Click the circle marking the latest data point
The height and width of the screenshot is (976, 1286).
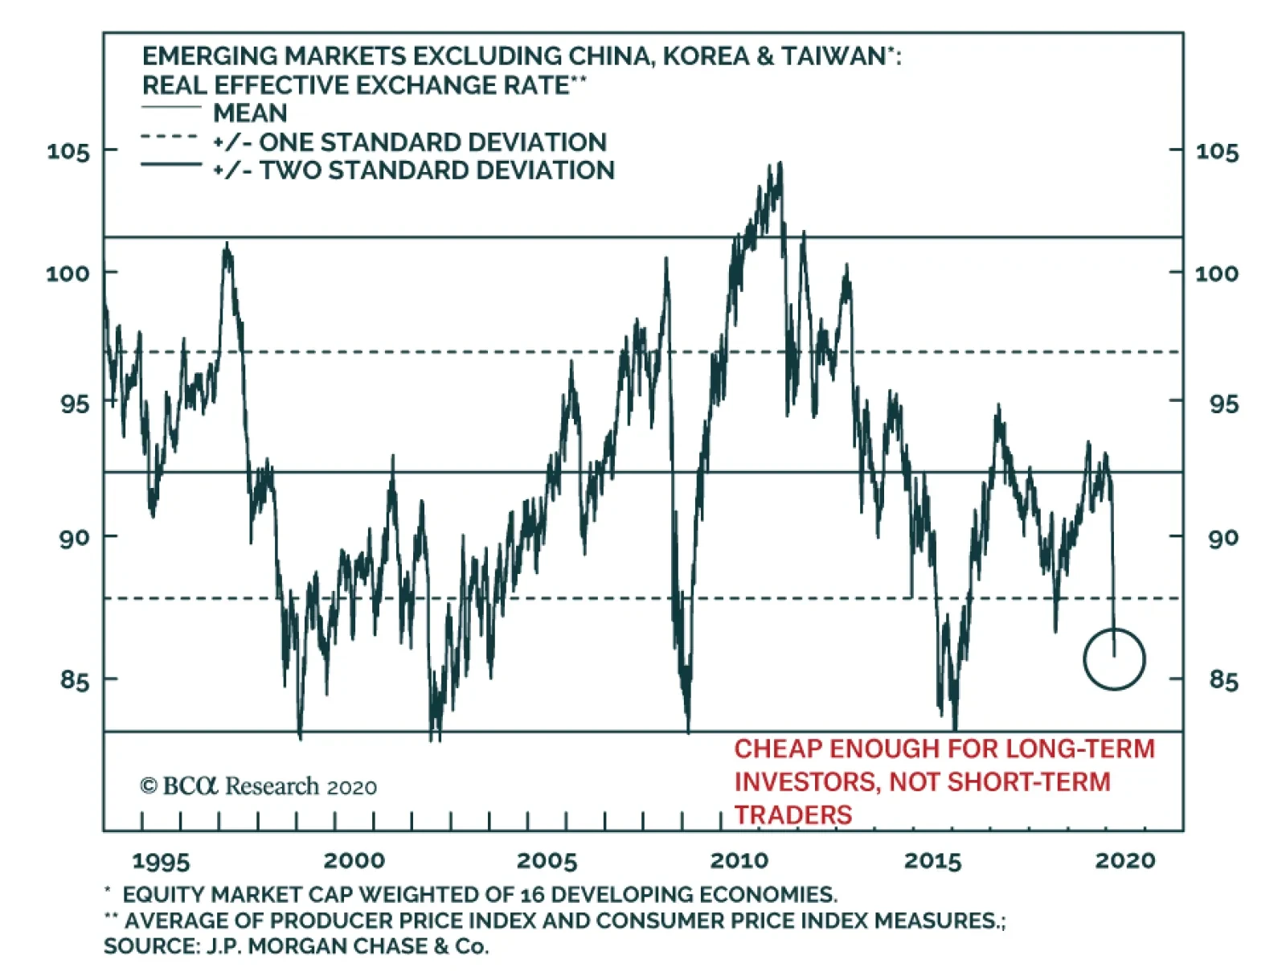[x=1114, y=659]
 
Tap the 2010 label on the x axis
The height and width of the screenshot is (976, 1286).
[x=739, y=861]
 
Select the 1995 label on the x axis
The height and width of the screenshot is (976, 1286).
[x=161, y=861]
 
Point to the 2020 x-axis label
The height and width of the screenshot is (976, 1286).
[x=1124, y=861]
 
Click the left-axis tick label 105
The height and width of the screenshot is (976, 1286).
[x=68, y=151]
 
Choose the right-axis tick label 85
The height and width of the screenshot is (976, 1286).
[x=1223, y=680]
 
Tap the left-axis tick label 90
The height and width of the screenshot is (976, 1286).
[x=74, y=538]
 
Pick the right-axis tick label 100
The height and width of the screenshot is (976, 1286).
[x=1216, y=273]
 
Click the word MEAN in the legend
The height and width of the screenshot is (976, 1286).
[x=250, y=113]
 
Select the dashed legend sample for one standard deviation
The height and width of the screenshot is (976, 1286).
[x=170, y=137]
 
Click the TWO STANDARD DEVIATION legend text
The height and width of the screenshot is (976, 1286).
[x=436, y=170]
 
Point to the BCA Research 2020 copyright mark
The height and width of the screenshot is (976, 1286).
[x=258, y=786]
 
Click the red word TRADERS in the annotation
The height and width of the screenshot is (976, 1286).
[x=792, y=814]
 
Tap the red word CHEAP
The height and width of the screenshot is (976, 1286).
[x=777, y=749]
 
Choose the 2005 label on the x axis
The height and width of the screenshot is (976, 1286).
[x=547, y=861]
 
